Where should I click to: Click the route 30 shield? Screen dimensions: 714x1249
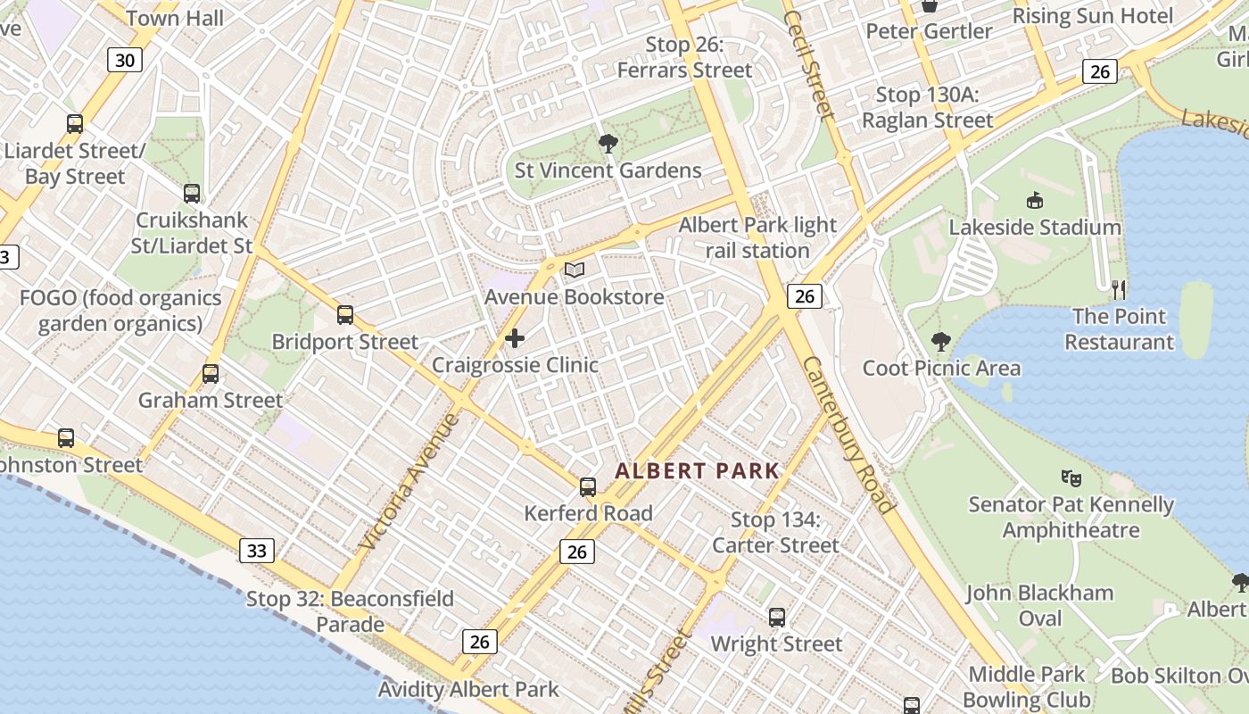point(126,60)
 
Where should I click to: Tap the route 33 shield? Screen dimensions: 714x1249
point(256,551)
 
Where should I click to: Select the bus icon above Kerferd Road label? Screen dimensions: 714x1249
point(588,487)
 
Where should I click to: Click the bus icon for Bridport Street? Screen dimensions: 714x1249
point(345,315)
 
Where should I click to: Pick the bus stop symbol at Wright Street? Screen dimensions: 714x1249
point(777,618)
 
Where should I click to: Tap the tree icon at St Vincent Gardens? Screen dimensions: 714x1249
point(609,144)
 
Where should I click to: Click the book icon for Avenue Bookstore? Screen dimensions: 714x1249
point(575,270)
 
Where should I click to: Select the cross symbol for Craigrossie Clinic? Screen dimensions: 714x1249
point(515,338)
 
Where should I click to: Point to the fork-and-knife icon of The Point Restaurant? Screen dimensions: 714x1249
point(1120,289)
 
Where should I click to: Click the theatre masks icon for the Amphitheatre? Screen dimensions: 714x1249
point(1071,478)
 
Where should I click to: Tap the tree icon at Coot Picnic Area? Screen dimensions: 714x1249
point(940,341)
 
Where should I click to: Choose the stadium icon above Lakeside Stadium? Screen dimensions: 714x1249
point(1035,201)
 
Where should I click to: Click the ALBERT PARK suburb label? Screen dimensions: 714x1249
point(697,471)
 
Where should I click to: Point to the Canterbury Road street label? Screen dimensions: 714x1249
point(848,435)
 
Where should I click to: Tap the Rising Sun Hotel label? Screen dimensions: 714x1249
point(1093,16)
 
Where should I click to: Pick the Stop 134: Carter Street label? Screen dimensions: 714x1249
point(775,532)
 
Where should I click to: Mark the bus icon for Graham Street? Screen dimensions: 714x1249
point(211,374)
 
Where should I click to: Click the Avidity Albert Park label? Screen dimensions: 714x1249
point(468,689)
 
